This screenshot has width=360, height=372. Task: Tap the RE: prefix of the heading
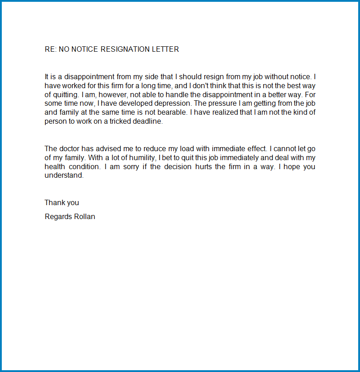[50, 49]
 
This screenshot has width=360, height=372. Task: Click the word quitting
[66, 95]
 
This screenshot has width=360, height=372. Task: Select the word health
[54, 167]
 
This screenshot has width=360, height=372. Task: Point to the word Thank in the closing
[55, 203]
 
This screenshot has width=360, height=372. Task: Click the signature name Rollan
[85, 216]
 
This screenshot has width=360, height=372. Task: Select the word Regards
[58, 217]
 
